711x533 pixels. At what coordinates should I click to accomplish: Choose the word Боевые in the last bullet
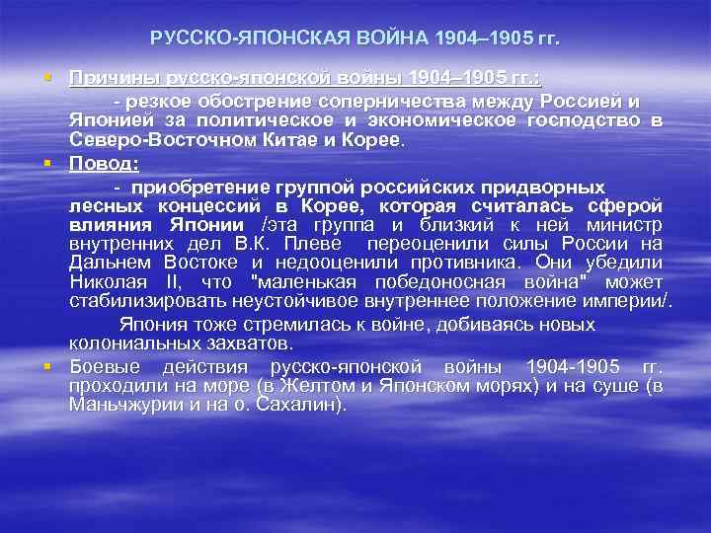click(x=103, y=365)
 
